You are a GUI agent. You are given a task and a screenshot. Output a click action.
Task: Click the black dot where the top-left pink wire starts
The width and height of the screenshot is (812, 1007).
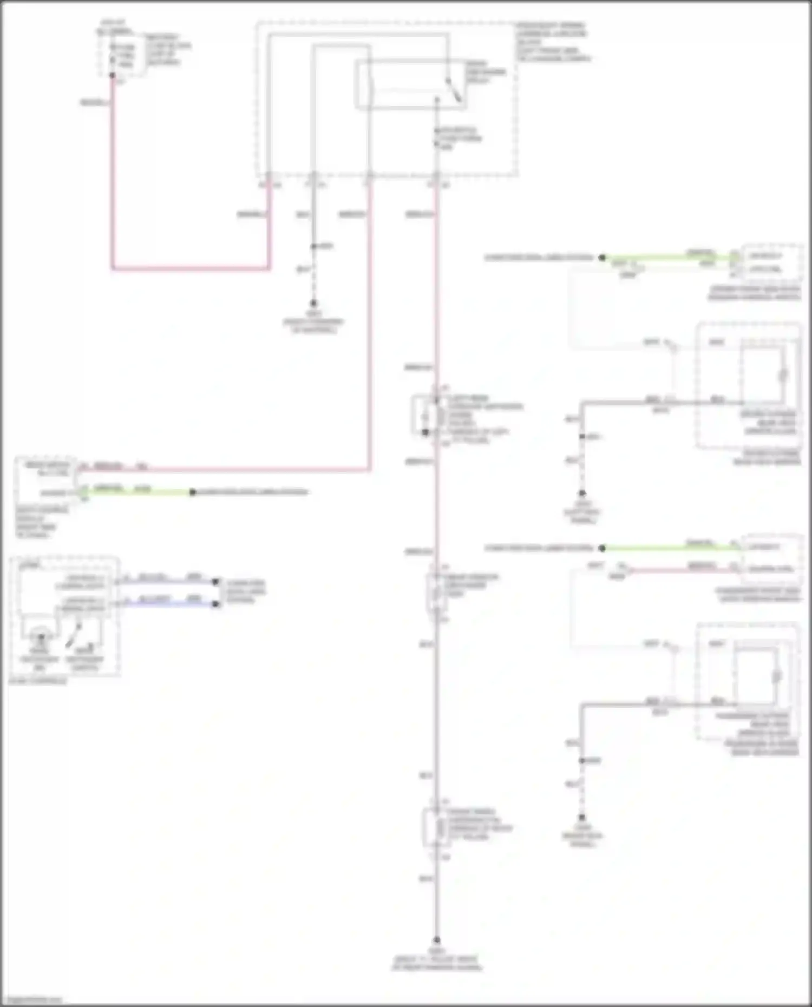[x=113, y=75]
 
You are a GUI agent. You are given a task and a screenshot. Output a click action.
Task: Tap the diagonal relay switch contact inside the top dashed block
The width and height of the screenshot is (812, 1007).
[x=454, y=90]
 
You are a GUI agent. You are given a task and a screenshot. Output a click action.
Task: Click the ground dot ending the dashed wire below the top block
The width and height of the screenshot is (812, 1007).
[x=313, y=304]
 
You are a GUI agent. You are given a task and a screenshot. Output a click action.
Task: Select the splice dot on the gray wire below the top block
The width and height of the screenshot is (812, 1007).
[x=313, y=247]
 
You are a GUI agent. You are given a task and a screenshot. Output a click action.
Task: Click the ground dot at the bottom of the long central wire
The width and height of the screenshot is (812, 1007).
[x=436, y=940]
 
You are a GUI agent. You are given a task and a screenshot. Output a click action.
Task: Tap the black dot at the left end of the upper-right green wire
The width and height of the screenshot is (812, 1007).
[x=602, y=258]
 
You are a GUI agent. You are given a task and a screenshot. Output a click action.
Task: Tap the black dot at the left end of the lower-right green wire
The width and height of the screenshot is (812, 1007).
[x=602, y=548]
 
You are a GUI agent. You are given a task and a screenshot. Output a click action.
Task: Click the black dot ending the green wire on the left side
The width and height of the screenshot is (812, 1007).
[x=192, y=492]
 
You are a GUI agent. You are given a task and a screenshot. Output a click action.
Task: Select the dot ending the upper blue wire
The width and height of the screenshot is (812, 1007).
[x=215, y=582]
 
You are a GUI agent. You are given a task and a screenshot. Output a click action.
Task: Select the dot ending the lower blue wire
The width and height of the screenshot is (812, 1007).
[x=215, y=604]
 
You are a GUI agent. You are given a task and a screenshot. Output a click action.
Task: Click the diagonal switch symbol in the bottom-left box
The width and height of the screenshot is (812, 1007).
[x=73, y=636]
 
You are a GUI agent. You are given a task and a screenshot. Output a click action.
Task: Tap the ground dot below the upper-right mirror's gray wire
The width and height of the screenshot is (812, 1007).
[x=582, y=493]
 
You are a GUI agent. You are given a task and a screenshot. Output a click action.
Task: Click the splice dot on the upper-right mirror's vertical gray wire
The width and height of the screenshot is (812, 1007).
[x=582, y=436]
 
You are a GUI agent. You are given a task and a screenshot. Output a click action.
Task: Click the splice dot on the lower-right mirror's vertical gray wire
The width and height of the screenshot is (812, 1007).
[x=582, y=760]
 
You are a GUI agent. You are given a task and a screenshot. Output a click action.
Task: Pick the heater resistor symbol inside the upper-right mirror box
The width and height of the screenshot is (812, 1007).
[x=782, y=374]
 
